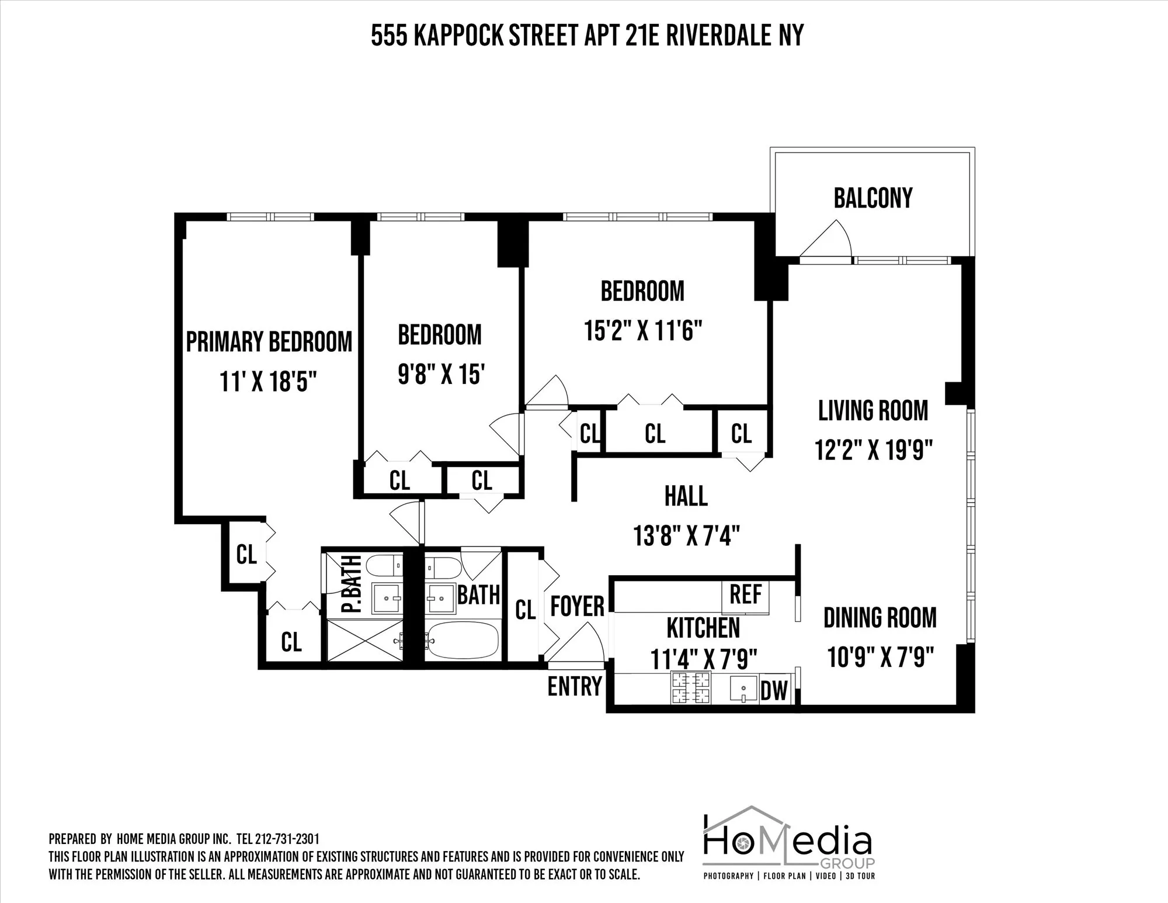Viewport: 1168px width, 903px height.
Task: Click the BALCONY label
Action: (x=872, y=198)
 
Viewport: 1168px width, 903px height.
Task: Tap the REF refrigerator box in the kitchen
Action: (x=746, y=595)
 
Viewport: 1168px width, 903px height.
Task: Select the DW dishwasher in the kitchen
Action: (x=774, y=691)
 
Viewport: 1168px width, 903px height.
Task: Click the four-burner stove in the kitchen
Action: (x=691, y=688)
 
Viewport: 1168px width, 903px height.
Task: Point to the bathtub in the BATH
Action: (x=462, y=641)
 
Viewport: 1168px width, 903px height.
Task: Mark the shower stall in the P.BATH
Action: (x=364, y=641)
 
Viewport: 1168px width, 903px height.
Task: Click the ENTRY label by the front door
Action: (x=574, y=686)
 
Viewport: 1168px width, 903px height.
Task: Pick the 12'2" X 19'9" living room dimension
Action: (x=873, y=450)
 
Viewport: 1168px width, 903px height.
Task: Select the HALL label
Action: (x=686, y=496)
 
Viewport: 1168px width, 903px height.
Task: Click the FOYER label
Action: (x=577, y=606)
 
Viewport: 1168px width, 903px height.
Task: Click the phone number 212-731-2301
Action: (x=287, y=839)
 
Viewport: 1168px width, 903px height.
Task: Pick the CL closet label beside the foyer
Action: (x=525, y=610)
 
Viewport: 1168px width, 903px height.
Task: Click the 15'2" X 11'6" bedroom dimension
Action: (x=642, y=331)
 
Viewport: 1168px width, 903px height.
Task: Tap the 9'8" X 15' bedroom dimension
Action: (x=440, y=374)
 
